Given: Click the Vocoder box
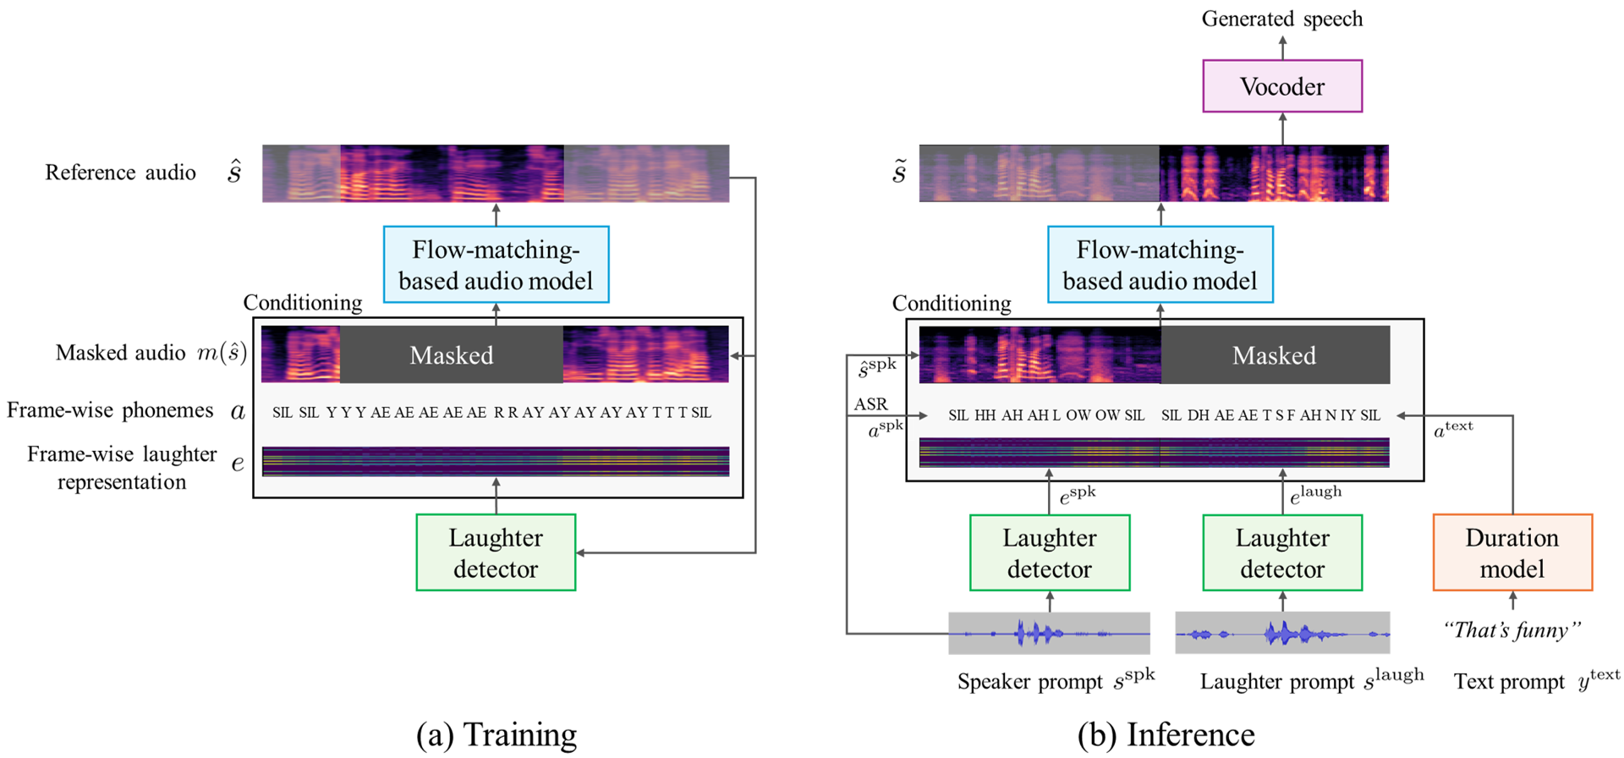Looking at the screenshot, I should coord(1282,86).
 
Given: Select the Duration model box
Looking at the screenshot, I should coord(1512,552).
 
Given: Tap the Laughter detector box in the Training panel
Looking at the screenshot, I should coord(496,552).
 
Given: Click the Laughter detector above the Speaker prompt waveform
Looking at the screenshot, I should coord(1050,552).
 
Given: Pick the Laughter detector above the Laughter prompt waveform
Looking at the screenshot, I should coord(1282,552).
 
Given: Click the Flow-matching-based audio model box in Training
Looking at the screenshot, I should coord(496,265).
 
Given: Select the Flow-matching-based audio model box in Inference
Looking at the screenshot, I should coord(1160,265).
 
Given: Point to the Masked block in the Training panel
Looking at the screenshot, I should coord(452,355).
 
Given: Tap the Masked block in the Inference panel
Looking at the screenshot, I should coord(1275,355).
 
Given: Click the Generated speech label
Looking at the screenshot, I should coord(1282,19).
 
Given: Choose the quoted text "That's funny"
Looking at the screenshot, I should coord(1512,630).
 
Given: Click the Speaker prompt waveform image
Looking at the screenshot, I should coord(1049,633).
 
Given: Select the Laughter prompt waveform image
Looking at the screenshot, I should coord(1282,633).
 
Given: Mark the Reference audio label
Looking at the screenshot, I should coord(120,173).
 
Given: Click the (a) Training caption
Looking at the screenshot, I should coord(497,734).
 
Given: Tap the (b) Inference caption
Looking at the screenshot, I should coord(1166,734).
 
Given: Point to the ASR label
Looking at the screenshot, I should coord(870,404).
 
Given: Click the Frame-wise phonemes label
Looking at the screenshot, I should coord(110,410).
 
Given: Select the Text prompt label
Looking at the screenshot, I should coord(1509,682).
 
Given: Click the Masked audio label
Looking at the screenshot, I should coord(120,353).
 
